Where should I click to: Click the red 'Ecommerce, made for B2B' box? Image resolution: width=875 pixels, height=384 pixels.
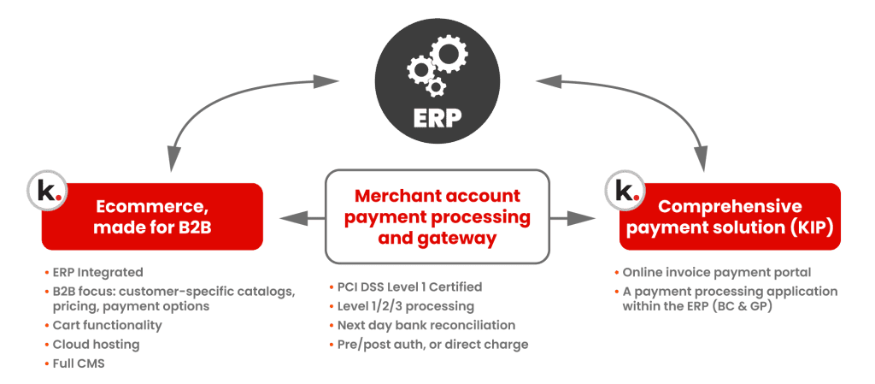[152, 216]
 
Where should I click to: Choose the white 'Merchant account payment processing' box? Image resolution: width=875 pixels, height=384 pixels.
[437, 216]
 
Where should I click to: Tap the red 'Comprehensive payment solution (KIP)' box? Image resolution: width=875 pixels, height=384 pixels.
[731, 216]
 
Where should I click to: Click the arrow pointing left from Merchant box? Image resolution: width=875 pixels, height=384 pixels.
[295, 219]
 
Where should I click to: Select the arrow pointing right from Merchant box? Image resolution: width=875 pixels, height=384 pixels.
[579, 219]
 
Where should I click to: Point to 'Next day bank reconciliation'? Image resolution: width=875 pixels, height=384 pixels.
[423, 325]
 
